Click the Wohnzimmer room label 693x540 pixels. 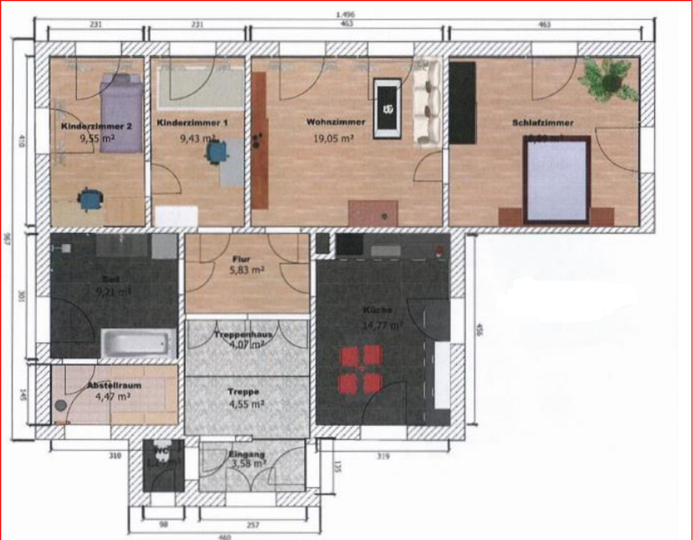(x=336, y=122)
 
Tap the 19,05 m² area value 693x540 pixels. (x=333, y=138)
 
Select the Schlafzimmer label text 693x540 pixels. (x=542, y=123)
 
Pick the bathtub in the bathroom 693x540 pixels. (x=138, y=343)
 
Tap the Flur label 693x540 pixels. (x=241, y=259)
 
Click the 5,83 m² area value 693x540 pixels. (x=247, y=270)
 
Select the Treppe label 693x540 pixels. (x=243, y=392)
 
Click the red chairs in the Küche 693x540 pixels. (x=361, y=369)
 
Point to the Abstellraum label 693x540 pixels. (x=114, y=385)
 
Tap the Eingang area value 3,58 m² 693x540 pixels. (x=247, y=463)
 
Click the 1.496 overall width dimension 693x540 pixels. (x=345, y=15)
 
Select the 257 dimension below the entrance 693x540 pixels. (x=253, y=525)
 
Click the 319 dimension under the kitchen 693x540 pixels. (x=383, y=456)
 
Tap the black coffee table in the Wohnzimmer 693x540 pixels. (x=387, y=108)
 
